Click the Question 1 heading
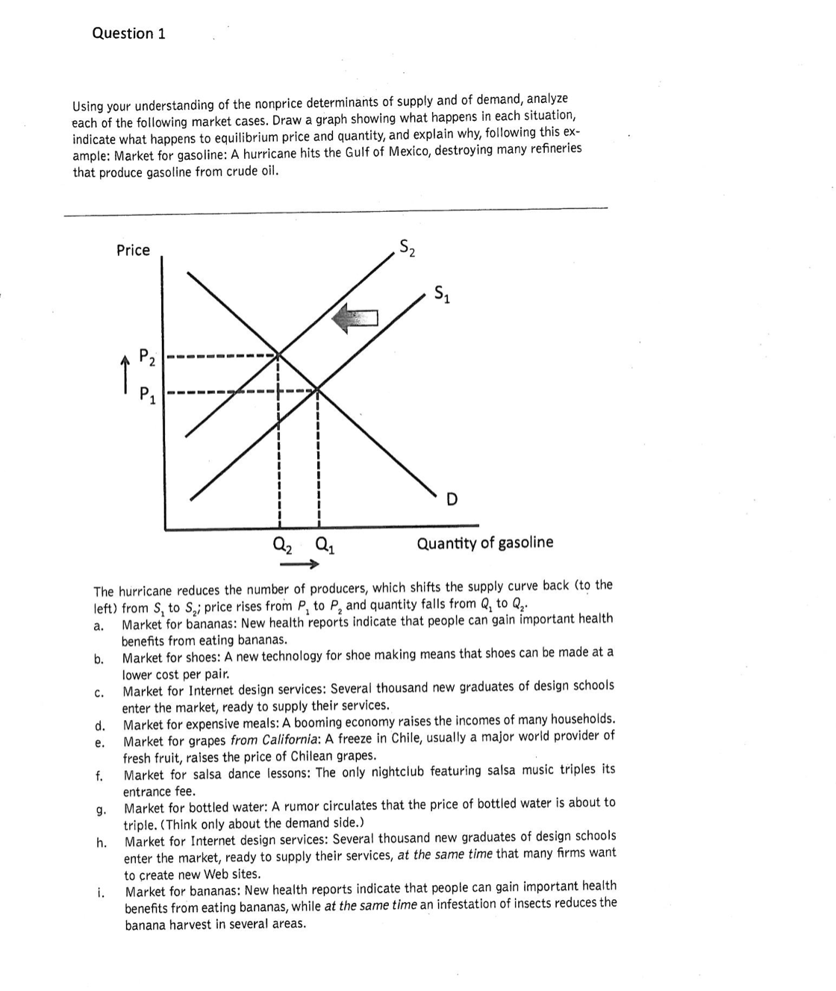click(128, 34)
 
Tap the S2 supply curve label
click(407, 247)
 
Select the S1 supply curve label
click(443, 295)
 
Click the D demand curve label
click(452, 499)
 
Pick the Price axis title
click(133, 251)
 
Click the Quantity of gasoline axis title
click(485, 543)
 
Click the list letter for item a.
click(98, 626)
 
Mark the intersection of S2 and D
click(278, 354)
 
